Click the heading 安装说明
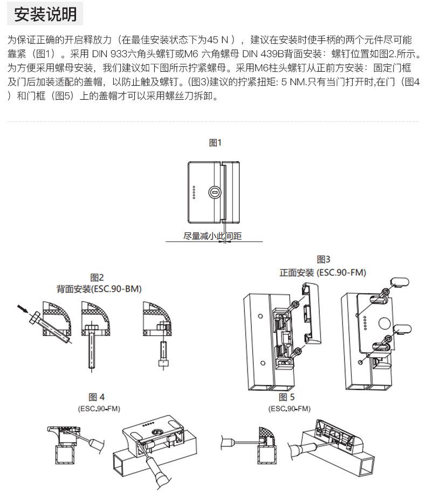[x=45, y=14]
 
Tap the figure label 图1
[x=215, y=142]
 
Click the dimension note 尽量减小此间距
[x=212, y=236]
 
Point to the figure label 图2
[x=97, y=278]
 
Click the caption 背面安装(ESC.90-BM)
[x=99, y=289]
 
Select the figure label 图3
[x=324, y=260]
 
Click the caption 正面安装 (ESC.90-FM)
[x=322, y=272]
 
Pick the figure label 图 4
[x=97, y=397]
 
